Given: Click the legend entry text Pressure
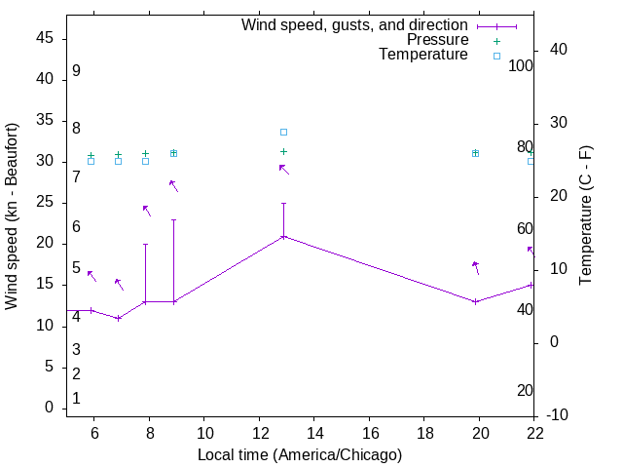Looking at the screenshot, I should coord(437,40).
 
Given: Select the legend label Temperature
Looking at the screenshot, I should coord(423,55).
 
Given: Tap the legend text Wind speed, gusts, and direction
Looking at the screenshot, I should coord(354,25).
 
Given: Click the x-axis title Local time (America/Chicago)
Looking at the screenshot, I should coord(300,454).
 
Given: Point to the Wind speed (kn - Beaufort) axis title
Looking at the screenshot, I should coord(12,216).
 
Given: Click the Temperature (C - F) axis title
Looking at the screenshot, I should coord(585,216).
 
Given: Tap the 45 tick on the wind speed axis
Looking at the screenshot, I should coord(45,39).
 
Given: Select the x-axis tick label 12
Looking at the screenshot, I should coord(260,431).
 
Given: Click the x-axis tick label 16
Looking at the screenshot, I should coord(370,431).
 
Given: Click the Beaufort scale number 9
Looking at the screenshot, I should coord(76,71).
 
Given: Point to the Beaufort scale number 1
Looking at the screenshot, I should coord(76,399).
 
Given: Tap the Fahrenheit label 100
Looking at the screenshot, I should coord(521,66).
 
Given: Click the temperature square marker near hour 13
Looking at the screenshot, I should coord(284,132).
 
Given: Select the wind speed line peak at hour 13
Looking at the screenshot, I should coord(284,237).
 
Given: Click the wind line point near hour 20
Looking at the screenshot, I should coord(475,301).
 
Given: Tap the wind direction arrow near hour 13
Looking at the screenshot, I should coord(284,170).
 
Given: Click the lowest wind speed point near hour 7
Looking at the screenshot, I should coord(118,318).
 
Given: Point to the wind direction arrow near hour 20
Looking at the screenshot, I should coord(476,267).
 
